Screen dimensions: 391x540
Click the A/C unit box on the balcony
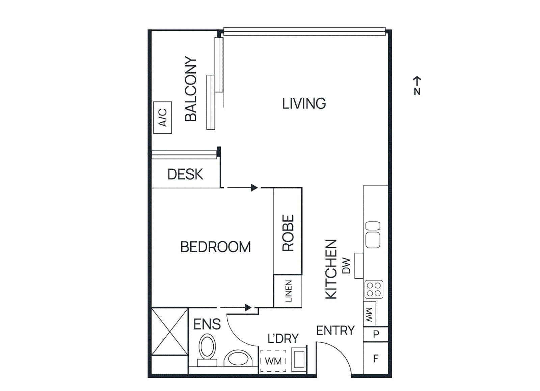pos(162,117)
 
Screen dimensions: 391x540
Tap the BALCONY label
pos(191,89)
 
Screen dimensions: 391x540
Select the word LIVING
pos(304,103)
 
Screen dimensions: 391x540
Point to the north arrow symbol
pos(417,85)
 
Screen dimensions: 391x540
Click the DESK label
pos(185,174)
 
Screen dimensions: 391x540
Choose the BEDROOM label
pos(215,247)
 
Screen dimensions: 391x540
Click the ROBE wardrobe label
pos(288,233)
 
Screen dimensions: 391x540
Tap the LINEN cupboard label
pos(289,291)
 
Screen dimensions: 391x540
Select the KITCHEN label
pos(331,269)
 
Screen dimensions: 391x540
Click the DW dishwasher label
pos(347,266)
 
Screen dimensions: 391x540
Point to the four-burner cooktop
pos(374,290)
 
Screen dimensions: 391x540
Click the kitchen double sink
pos(373,235)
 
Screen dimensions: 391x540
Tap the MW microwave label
pos(370,315)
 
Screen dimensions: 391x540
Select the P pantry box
pos(376,334)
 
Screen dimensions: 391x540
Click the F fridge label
pos(376,358)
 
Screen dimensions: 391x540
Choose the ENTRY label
pos(335,331)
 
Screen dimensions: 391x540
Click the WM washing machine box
pos(273,361)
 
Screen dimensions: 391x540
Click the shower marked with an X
pos(170,332)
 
